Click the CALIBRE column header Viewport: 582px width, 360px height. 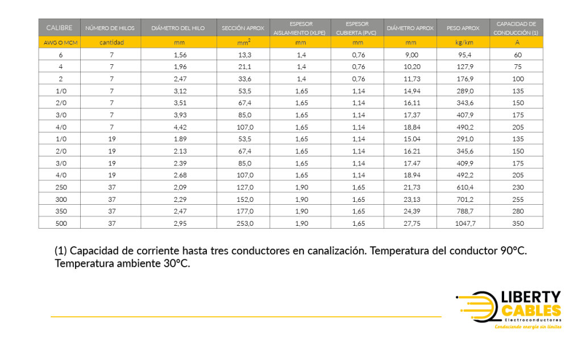click(59, 28)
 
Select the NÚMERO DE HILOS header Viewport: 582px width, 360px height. click(110, 28)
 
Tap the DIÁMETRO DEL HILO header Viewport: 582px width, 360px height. click(178, 28)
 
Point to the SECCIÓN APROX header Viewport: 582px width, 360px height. click(243, 28)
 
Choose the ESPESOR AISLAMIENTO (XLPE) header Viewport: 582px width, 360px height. click(300, 28)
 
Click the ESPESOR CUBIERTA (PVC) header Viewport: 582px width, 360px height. click(357, 28)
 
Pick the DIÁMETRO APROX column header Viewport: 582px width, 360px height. click(410, 28)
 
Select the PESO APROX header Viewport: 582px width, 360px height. click(463, 28)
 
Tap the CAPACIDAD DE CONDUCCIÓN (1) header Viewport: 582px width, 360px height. click(516, 28)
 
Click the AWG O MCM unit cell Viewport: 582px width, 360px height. click(59, 42)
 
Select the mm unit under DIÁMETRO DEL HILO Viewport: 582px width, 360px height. click(178, 42)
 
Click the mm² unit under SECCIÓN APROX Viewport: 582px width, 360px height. click(243, 42)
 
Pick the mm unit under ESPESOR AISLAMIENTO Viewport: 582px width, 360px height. click(300, 42)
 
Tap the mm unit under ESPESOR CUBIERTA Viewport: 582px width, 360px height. click(357, 42)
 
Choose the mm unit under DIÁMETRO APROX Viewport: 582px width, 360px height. click(410, 42)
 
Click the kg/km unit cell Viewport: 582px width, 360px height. click(464, 42)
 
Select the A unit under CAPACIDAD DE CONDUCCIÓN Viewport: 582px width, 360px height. click(517, 42)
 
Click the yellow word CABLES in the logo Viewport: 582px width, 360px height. click(531, 311)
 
